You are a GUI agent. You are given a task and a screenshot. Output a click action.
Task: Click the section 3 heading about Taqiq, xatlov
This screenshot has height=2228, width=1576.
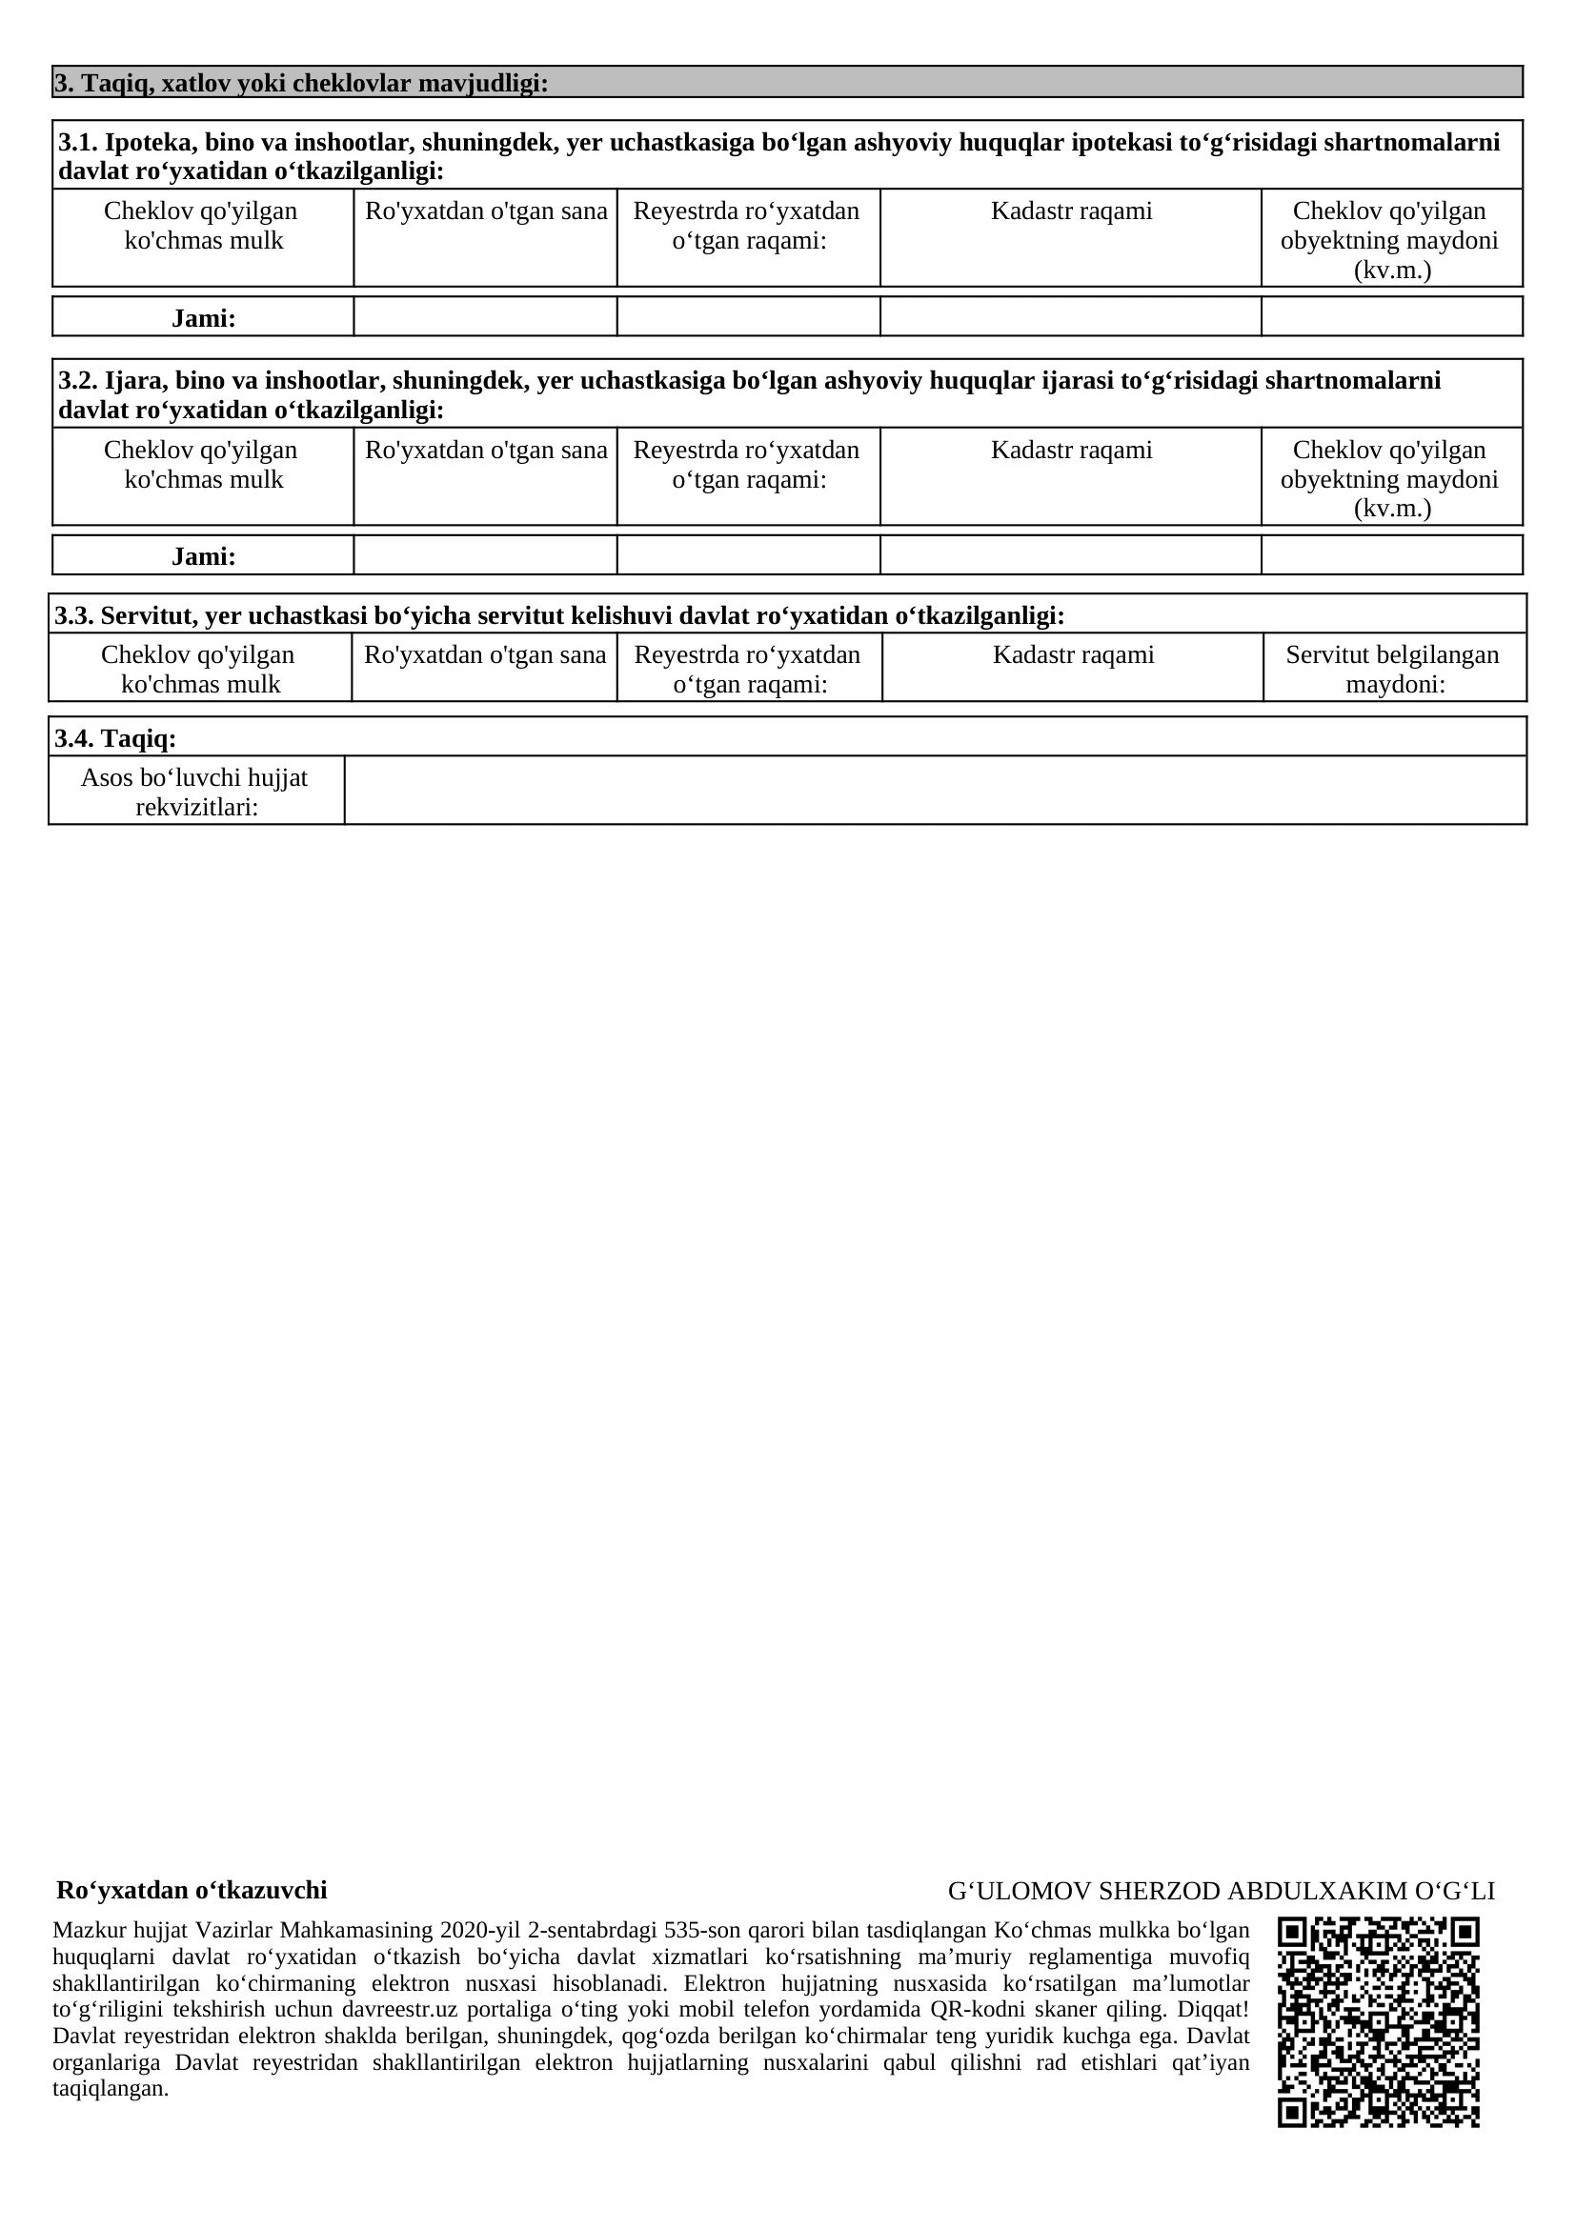(x=301, y=84)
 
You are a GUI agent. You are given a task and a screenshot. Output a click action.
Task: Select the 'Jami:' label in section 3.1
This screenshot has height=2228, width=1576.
(x=204, y=318)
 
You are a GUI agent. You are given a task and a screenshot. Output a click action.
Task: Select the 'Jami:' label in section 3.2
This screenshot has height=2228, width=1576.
(x=204, y=556)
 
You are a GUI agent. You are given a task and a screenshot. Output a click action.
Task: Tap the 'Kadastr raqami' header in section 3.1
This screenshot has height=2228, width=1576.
(x=1071, y=211)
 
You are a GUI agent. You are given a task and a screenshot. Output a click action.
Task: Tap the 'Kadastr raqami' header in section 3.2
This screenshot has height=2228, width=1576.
(x=1071, y=451)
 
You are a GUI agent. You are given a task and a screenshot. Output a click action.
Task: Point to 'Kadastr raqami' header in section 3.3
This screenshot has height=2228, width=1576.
(x=1073, y=655)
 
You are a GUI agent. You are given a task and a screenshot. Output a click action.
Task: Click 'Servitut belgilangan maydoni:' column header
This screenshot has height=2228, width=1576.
(x=1394, y=669)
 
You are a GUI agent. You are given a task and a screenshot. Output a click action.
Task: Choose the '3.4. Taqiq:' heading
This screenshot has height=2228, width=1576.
(x=115, y=738)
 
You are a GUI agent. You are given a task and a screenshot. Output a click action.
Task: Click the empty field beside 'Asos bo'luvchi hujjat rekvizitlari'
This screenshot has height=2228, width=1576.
(x=935, y=790)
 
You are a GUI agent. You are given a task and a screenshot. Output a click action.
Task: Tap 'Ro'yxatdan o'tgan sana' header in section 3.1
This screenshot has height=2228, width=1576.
(x=485, y=211)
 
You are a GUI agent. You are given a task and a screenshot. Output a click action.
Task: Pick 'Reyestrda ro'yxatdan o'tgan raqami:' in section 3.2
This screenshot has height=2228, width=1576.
(x=747, y=465)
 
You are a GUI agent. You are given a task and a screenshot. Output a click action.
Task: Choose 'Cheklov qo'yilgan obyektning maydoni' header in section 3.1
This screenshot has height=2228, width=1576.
(x=1390, y=240)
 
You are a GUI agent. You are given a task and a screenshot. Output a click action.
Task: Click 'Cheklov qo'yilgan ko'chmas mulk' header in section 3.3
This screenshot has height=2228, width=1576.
(x=199, y=669)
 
